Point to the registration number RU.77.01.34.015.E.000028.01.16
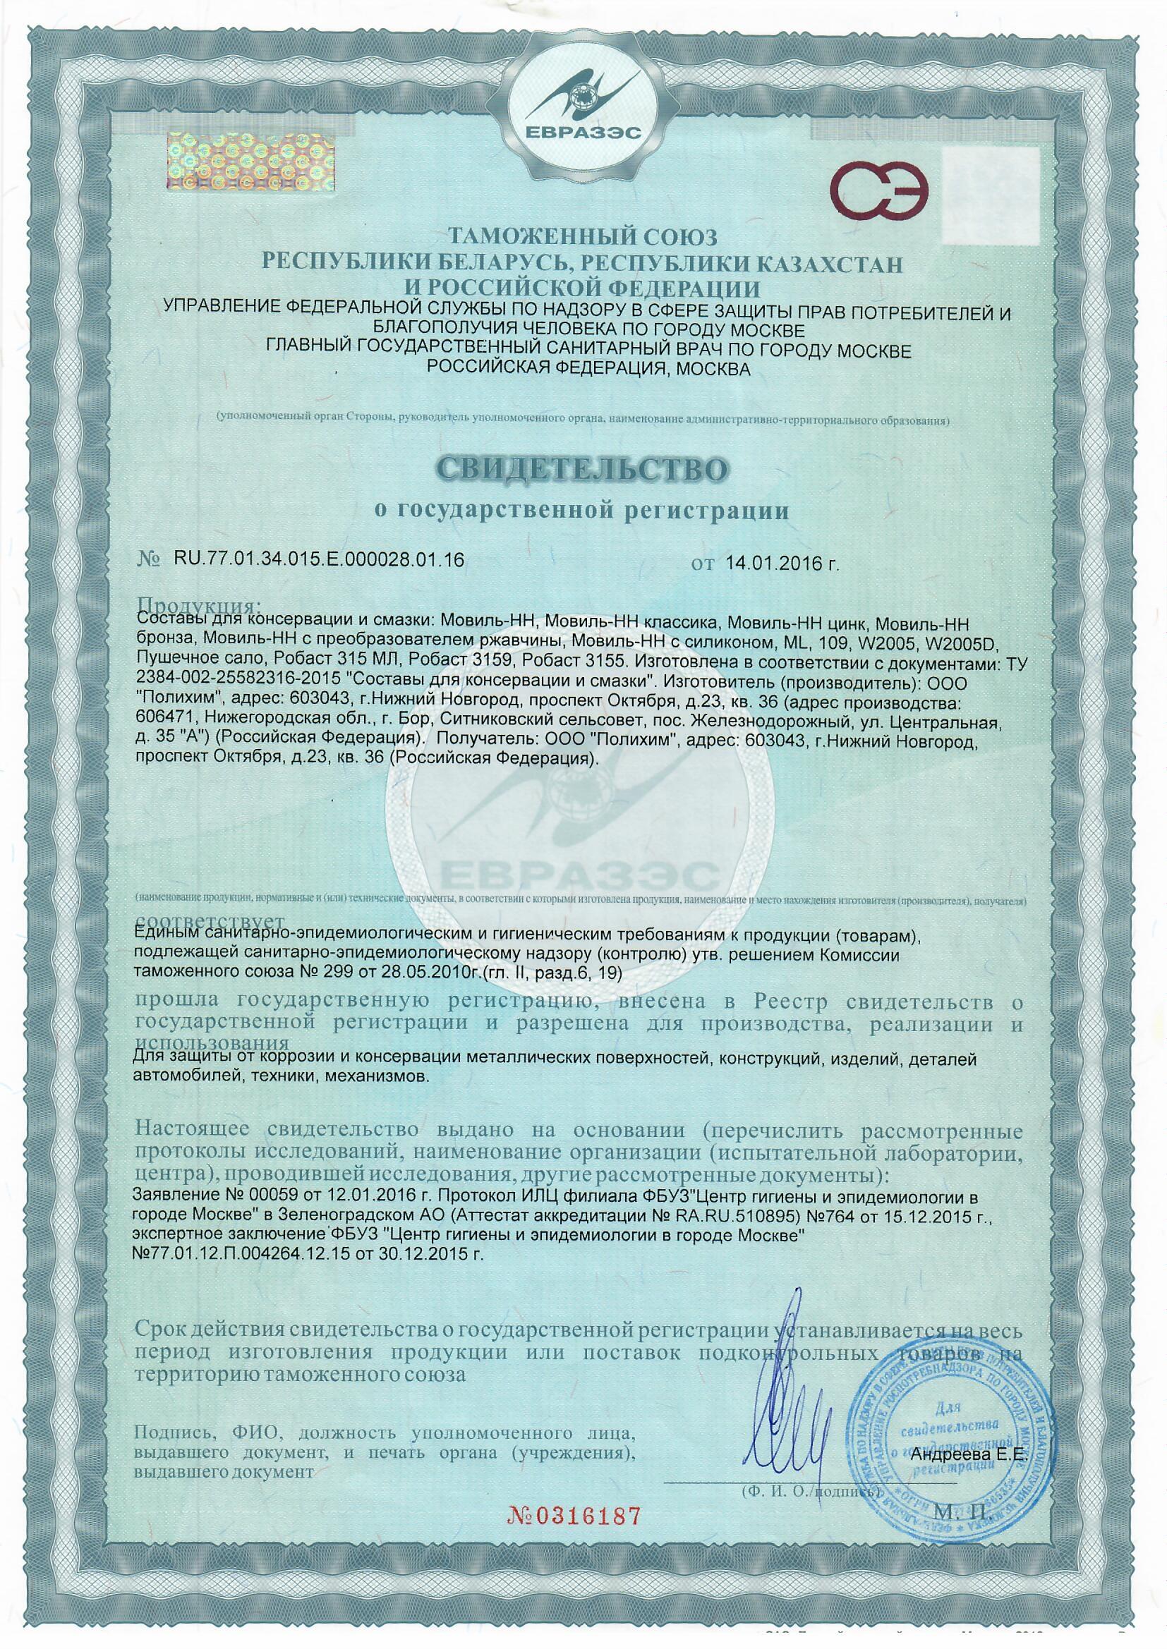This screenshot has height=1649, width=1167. click(310, 561)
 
